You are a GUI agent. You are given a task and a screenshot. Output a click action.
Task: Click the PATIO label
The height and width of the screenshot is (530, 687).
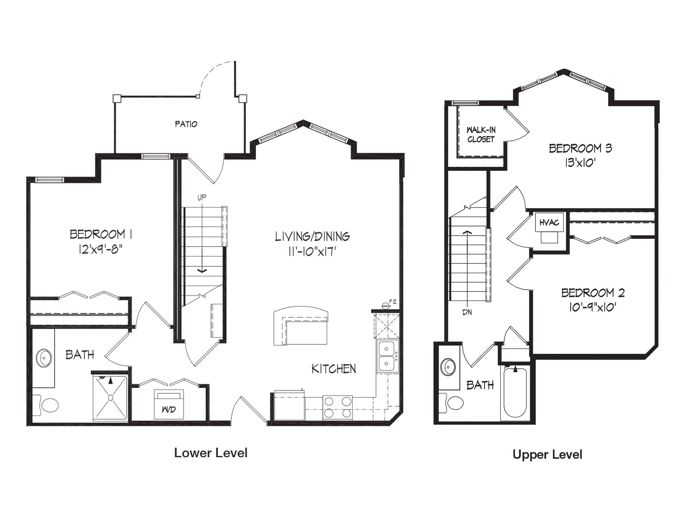[186, 124]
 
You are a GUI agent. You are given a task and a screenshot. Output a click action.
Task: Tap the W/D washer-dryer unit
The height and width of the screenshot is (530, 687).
[169, 405]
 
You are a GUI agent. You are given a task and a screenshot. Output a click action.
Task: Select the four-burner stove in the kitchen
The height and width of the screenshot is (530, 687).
[337, 407]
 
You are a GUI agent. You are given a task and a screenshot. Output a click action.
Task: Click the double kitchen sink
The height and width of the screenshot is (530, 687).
[387, 356]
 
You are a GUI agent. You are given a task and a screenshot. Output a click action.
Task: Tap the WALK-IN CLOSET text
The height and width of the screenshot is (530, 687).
[481, 135]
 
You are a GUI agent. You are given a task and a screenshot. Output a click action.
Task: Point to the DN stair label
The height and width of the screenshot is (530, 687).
[467, 312]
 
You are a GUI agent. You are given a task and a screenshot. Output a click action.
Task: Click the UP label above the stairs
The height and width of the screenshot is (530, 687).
[202, 198]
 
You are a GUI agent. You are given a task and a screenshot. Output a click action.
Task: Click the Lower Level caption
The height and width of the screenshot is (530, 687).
[211, 453]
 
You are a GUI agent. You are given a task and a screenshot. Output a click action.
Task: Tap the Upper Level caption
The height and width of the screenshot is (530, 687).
[547, 455]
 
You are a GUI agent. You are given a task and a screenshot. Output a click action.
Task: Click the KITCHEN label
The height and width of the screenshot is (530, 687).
[334, 369]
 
